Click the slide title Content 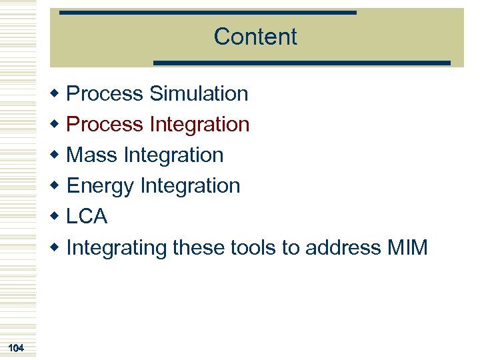click(255, 37)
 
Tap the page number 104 click(17, 347)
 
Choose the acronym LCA click(87, 217)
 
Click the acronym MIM click(407, 248)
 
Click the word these click(199, 248)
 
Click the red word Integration click(199, 125)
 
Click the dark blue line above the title click(207, 12)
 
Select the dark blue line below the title click(302, 63)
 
